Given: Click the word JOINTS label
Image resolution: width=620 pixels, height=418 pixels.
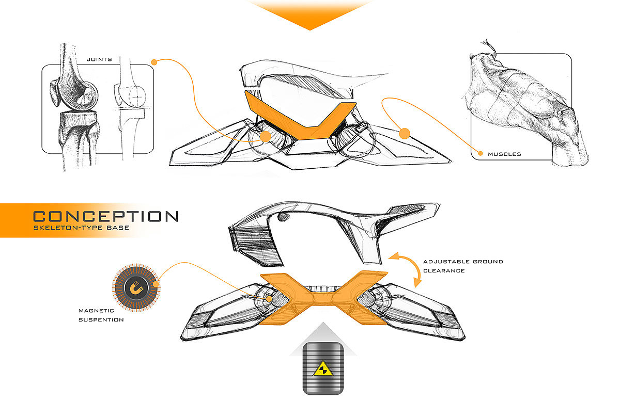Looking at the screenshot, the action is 99,59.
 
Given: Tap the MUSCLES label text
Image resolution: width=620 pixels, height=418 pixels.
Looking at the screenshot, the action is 504,154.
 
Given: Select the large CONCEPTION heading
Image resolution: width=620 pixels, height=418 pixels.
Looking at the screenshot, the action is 106,216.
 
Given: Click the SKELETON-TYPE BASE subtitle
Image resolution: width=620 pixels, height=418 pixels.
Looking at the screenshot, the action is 81,228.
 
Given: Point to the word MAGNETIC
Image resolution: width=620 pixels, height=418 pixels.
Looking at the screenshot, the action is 96,311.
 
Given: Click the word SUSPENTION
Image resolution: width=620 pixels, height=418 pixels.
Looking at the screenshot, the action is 101,320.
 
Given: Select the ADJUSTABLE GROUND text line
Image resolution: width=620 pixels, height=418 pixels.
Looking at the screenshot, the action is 463,262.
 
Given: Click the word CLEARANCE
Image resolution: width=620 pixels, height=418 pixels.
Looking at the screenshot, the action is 444,270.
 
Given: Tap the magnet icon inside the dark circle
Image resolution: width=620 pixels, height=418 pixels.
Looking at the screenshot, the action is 136,287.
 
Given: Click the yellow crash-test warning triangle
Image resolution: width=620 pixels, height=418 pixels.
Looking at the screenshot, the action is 323,369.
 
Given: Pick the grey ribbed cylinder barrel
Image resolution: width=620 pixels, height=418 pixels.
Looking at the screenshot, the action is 323,368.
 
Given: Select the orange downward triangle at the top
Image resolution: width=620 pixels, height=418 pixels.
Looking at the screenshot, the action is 310,14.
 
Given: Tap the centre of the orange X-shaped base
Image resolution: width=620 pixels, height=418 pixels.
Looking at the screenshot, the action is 323,299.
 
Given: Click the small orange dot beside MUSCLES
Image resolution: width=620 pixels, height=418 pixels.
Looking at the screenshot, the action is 481,153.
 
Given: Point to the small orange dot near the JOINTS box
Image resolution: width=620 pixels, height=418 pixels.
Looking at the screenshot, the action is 154,62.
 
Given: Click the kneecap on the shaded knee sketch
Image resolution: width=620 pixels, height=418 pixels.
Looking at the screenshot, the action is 55,92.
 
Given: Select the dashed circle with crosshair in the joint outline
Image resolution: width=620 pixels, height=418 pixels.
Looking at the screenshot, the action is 137,97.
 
